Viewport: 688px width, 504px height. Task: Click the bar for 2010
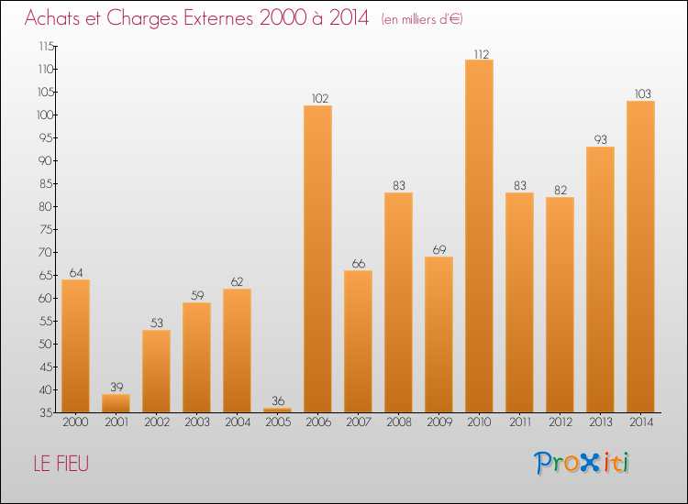[479, 236]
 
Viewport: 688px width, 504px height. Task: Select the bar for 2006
[317, 258]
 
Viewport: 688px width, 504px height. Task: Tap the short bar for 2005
[277, 410]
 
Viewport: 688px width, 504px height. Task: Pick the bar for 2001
[116, 402]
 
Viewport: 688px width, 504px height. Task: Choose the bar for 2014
[640, 256]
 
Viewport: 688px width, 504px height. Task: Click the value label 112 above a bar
[479, 53]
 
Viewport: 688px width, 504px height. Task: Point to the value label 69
[438, 250]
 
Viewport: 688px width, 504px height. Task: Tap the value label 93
[600, 140]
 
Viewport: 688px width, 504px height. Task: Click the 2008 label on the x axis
[398, 423]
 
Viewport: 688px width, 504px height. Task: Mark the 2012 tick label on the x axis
[560, 423]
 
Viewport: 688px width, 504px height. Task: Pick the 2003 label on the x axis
[196, 423]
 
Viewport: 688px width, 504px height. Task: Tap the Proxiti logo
[582, 464]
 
